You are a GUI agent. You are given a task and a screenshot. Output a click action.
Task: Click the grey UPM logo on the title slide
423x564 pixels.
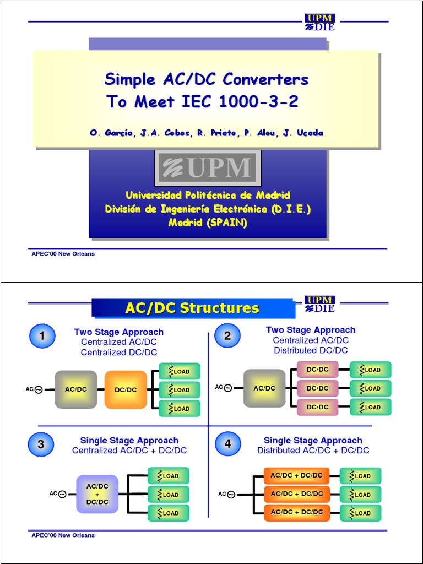point(207,168)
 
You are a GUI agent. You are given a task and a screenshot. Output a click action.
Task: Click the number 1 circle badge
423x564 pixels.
point(42,336)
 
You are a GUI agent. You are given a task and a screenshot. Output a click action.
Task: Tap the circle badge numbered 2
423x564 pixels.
point(227,336)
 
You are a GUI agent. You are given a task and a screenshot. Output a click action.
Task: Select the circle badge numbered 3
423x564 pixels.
point(41,444)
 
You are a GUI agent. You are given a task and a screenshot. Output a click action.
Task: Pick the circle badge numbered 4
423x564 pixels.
point(227,444)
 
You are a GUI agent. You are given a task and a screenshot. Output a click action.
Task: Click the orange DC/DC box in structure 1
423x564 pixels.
point(126,389)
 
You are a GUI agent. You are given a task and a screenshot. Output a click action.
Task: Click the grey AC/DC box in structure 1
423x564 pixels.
point(76,389)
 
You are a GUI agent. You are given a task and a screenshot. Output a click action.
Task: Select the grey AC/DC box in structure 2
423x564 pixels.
point(264,388)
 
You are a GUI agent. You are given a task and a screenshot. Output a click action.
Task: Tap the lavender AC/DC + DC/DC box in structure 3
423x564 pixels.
point(97,494)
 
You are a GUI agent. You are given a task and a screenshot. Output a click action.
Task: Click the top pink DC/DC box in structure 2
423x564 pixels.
point(317,370)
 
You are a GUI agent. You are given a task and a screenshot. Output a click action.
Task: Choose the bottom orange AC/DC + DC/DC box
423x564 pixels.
point(296,512)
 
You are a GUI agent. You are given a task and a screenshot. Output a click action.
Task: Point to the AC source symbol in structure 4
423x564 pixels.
point(231,495)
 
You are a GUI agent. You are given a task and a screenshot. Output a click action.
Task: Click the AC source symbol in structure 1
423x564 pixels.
point(39,390)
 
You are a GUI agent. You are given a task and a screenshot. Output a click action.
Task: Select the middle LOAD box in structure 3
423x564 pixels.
point(169,495)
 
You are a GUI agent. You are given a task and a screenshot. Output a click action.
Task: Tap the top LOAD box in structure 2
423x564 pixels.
point(370,370)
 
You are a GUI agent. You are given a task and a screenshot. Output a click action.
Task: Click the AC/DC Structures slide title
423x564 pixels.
point(192,308)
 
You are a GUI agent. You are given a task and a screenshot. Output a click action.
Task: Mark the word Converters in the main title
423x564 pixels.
point(265,79)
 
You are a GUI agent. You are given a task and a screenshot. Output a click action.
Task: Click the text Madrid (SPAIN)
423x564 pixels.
point(208,223)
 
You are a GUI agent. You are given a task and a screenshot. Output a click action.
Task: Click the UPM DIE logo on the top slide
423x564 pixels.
point(320,22)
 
